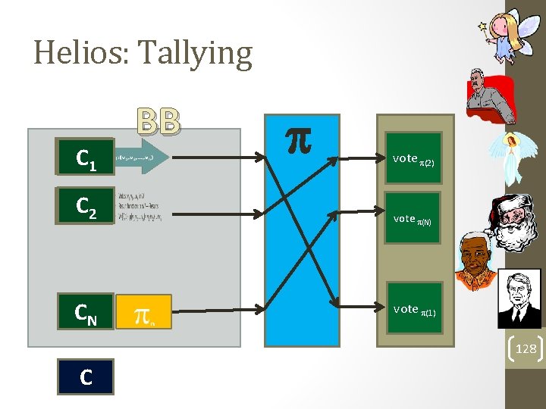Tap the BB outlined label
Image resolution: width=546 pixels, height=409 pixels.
[x=159, y=121]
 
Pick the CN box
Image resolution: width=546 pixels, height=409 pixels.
[x=85, y=311]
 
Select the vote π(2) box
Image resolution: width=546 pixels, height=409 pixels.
[x=413, y=159]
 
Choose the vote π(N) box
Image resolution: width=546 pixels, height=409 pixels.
[x=413, y=218]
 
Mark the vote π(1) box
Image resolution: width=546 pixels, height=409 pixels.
[x=413, y=310]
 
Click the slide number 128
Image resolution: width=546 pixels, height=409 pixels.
[x=522, y=348]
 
